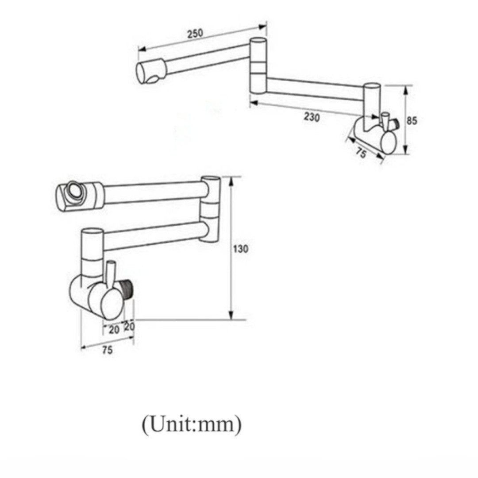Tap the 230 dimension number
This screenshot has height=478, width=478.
[x=312, y=117]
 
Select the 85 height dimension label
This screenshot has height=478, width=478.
[x=412, y=120]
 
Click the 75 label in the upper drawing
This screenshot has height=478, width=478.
[x=361, y=153]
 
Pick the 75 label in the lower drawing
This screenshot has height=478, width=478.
[x=107, y=351]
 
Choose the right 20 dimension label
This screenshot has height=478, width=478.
[x=130, y=327]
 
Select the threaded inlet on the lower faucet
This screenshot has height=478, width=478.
[x=128, y=288]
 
